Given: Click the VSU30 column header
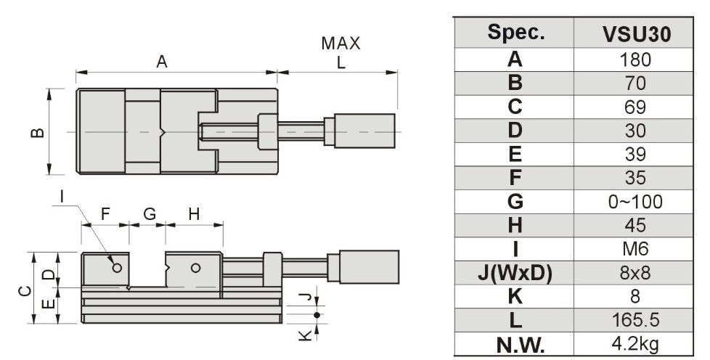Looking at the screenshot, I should pos(636,33).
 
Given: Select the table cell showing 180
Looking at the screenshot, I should pos(636,60).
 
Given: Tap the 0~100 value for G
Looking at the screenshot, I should pos(636,202).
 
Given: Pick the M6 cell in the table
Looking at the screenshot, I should pos(636,249).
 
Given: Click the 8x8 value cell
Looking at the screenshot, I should pos(636,273).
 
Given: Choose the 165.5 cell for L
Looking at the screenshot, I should pos(636,320).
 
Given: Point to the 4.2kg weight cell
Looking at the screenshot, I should pos(636,343).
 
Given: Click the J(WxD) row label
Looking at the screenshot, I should pos(515,273).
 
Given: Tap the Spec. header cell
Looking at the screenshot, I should pos(515,33).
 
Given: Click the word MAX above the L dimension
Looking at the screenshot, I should pos(340,44).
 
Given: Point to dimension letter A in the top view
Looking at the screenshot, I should pos(162,62).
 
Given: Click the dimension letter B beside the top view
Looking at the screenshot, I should pos(38,132).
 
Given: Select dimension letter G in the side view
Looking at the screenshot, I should pos(150,214).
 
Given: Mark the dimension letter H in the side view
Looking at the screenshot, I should pos(194,214).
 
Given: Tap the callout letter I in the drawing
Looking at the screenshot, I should pos(62,195).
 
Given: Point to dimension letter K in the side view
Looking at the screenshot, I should pos(306,335).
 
